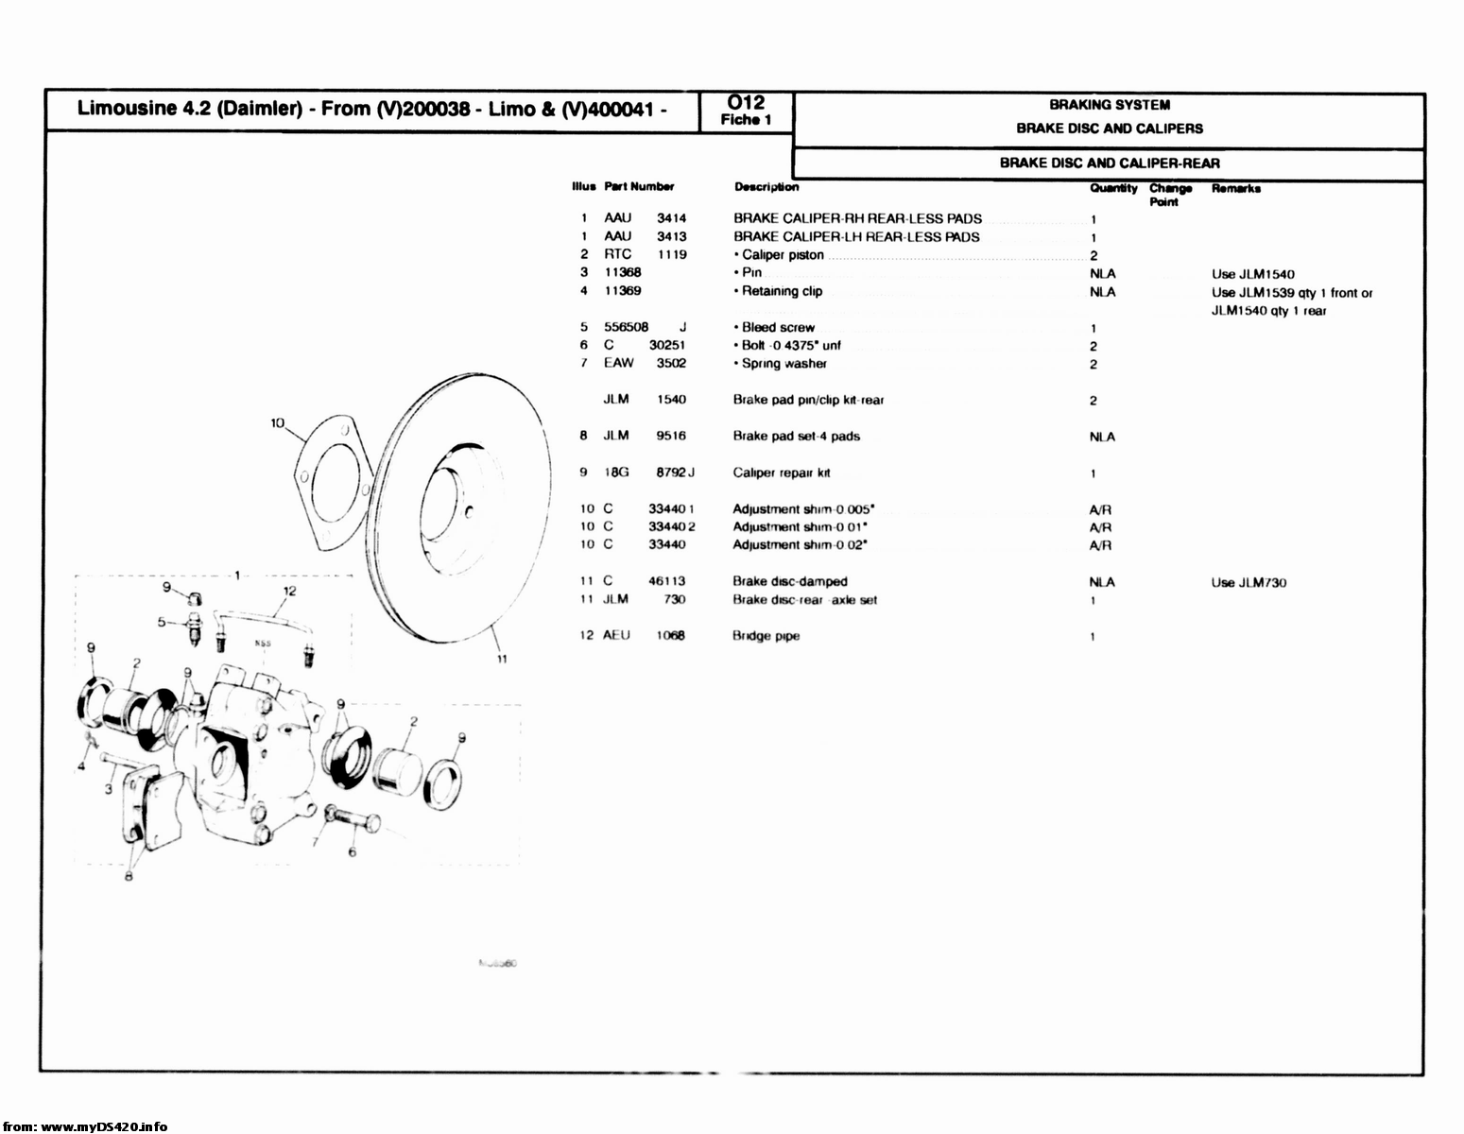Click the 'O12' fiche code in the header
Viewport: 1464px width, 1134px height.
click(747, 102)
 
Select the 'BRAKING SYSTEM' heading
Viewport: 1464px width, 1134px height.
click(1109, 105)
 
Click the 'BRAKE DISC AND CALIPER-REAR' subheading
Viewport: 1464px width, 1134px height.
click(1109, 163)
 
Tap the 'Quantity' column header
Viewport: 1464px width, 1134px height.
click(1112, 188)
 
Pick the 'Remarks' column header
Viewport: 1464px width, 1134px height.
click(1235, 188)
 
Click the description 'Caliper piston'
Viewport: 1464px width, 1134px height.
click(782, 255)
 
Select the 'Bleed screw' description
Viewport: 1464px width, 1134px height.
click(777, 328)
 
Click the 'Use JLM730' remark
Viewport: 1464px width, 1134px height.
click(1248, 582)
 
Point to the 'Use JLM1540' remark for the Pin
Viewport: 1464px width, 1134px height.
click(1252, 274)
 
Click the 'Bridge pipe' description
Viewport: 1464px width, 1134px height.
click(766, 636)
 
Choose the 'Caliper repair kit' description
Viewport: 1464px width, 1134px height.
click(781, 472)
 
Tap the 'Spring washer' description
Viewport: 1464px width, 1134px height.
click(784, 364)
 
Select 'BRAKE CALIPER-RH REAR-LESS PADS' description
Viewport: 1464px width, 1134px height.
click(856, 218)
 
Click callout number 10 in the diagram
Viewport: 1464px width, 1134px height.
click(278, 423)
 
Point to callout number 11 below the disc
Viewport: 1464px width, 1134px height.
click(502, 659)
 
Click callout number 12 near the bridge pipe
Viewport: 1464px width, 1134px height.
click(290, 592)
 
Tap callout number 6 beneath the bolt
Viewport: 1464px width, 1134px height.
click(353, 852)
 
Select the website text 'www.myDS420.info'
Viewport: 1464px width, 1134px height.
click(104, 1125)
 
